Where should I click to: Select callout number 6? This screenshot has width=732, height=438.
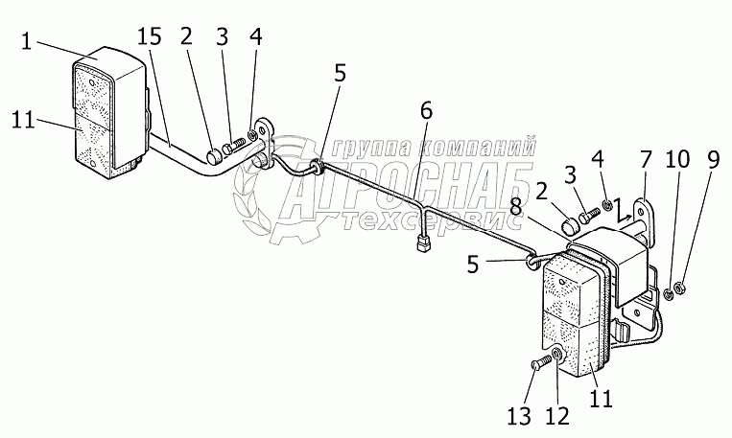(x=425, y=111)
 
